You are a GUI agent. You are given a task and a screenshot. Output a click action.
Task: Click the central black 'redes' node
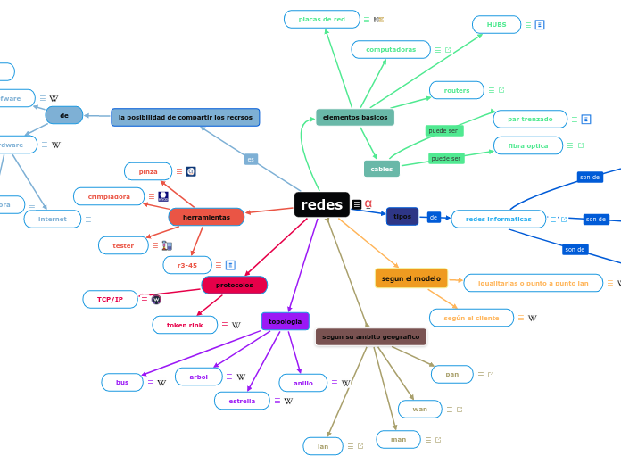[321, 204]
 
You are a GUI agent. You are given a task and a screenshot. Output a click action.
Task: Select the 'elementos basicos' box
[355, 118]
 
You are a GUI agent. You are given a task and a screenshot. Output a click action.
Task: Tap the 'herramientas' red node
[206, 217]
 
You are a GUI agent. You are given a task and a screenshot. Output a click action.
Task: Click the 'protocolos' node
[234, 285]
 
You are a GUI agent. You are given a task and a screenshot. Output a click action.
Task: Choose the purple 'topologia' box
[285, 321]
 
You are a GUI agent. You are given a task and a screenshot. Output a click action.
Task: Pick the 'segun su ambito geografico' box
[370, 336]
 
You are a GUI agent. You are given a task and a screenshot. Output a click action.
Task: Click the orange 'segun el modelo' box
[410, 278]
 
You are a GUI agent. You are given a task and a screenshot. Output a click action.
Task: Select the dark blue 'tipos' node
[402, 216]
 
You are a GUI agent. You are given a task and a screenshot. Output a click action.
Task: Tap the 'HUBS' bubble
[496, 25]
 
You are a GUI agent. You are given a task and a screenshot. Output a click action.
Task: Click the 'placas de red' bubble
[321, 19]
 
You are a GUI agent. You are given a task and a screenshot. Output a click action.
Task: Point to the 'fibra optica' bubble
[528, 145]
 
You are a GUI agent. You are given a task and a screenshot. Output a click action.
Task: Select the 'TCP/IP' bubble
[111, 299]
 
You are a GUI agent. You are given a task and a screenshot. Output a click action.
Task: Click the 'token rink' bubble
[185, 325]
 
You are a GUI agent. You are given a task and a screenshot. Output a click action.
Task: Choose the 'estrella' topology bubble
[242, 401]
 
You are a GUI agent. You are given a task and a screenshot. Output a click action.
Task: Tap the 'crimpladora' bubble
[109, 196]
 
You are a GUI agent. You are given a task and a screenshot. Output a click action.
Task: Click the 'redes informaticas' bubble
[498, 219]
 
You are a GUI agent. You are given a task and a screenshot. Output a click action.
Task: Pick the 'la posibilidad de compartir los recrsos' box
[186, 117]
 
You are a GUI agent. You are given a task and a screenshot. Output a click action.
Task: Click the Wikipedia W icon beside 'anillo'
[345, 383]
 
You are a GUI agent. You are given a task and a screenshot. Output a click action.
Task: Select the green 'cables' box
[381, 169]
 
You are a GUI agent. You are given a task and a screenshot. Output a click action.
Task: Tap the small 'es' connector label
[251, 159]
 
